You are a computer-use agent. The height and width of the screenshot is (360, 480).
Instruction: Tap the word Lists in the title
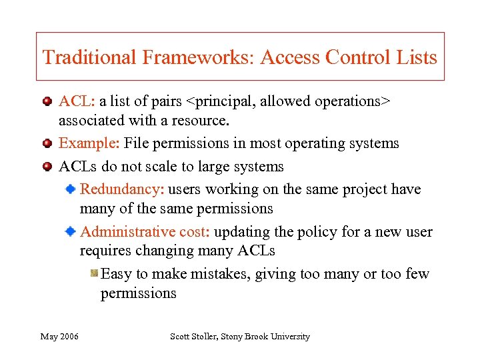(418, 57)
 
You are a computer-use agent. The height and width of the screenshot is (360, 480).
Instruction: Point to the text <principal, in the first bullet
(219, 101)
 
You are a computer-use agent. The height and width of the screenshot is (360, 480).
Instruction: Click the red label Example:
(89, 143)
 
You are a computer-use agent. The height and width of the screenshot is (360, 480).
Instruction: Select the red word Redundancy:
(121, 189)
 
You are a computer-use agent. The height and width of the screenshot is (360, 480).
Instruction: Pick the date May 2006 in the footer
(59, 337)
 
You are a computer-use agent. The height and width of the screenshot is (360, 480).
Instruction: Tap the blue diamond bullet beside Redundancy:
(70, 190)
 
